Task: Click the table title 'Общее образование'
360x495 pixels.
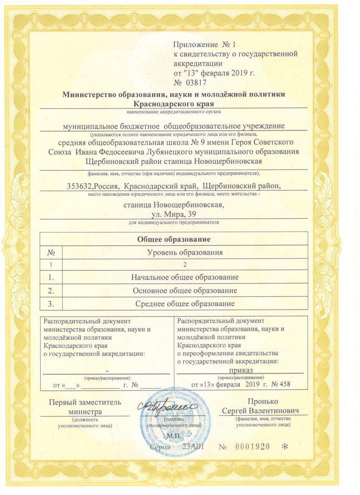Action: pos(174,239)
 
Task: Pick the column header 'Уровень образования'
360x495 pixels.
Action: pos(185,252)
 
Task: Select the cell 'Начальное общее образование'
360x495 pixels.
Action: pos(185,277)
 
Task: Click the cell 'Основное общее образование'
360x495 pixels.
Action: pos(185,290)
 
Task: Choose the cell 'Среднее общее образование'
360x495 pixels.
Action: pos(185,304)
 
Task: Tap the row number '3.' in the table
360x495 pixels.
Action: pos(51,304)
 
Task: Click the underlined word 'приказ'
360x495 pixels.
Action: pos(241,370)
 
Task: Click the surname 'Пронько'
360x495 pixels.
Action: pos(263,401)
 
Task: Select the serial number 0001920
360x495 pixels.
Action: pos(252,446)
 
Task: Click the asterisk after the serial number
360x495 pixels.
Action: pos(285,447)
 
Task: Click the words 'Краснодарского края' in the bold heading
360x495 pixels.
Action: pos(174,104)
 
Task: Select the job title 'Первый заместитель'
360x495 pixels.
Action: pos(85,402)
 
